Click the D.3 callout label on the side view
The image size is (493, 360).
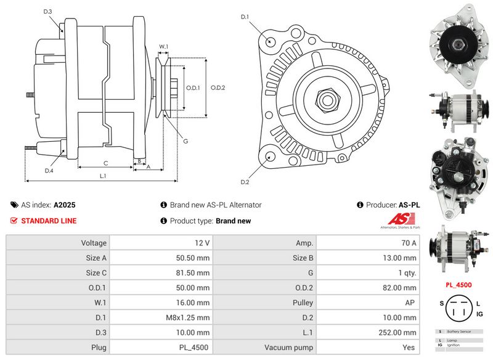(x=48, y=12)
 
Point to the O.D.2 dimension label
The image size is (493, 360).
(x=218, y=88)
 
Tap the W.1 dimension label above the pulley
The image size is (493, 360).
(x=164, y=47)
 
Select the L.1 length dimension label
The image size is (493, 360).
(x=104, y=176)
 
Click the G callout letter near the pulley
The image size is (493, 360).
(x=185, y=141)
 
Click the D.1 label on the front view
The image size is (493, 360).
(x=245, y=17)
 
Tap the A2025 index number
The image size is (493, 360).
(x=65, y=205)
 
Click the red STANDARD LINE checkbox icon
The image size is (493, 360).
(x=14, y=221)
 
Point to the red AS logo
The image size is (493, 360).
(x=402, y=220)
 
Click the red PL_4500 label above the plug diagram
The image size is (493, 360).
(x=458, y=285)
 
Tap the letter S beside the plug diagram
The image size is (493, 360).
(x=441, y=303)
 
